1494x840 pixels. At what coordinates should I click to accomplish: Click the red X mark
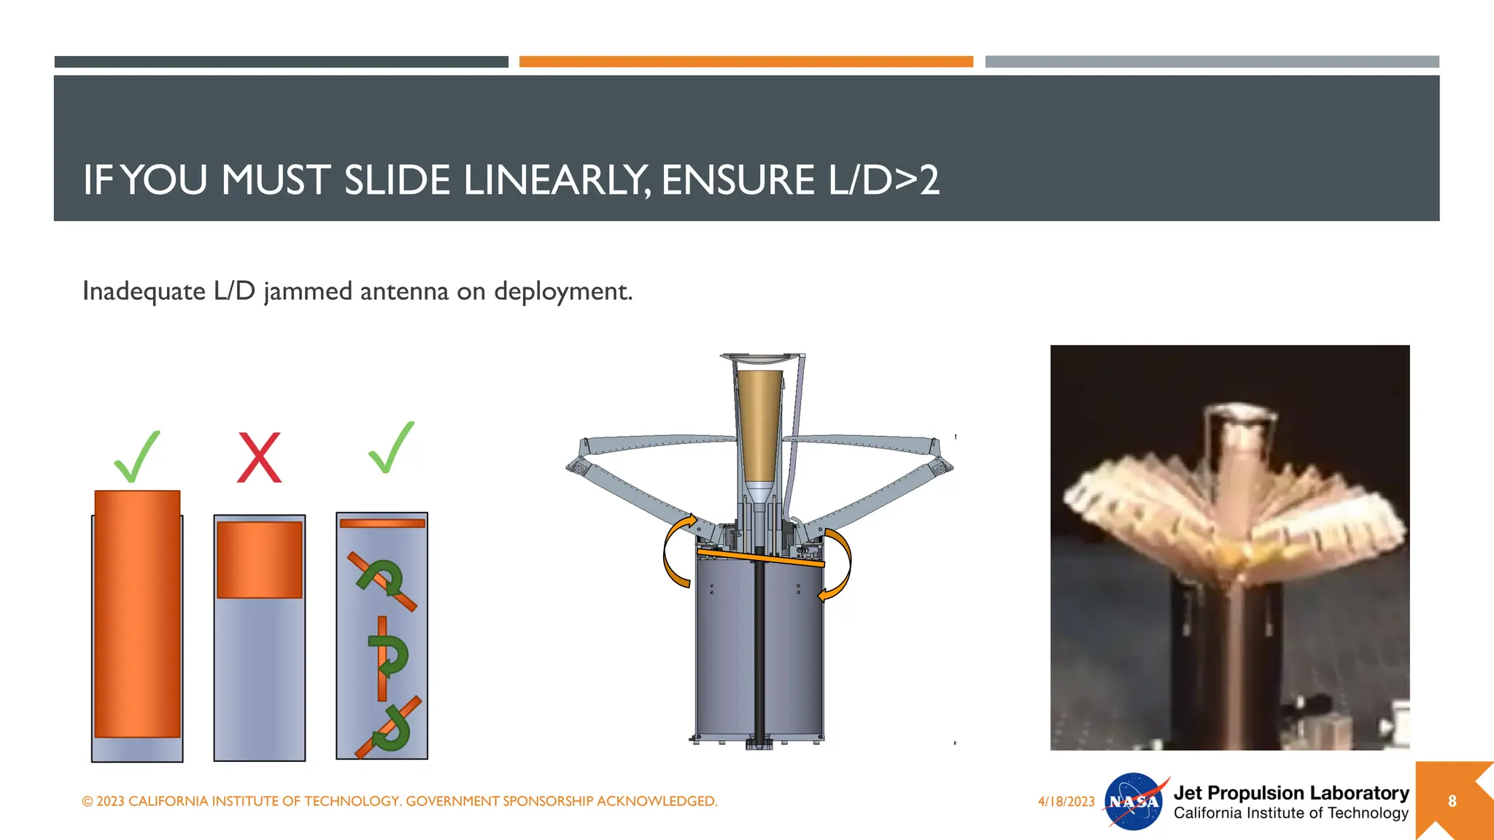click(x=259, y=457)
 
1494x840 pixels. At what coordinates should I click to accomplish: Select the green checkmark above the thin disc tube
click(x=391, y=448)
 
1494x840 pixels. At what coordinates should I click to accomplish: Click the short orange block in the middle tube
click(x=259, y=559)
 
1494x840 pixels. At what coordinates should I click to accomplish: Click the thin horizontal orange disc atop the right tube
click(x=382, y=523)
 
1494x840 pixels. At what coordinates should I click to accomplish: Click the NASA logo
click(x=1134, y=801)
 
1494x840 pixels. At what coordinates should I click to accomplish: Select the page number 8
click(x=1452, y=801)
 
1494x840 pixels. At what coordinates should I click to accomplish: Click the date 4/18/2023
click(x=1066, y=801)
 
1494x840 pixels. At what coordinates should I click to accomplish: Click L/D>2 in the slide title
click(x=883, y=180)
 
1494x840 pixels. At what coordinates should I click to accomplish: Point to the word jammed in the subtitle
click(x=309, y=291)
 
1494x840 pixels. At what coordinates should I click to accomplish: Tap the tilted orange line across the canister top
click(x=760, y=558)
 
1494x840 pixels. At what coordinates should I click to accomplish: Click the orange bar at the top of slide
click(x=746, y=62)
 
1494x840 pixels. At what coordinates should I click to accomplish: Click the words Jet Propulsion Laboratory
click(x=1290, y=793)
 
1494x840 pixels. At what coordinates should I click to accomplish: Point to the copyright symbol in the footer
click(x=88, y=801)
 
